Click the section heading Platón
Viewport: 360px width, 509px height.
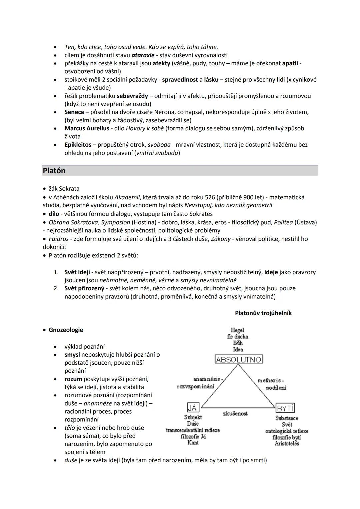click(54, 171)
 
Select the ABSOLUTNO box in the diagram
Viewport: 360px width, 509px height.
click(239, 359)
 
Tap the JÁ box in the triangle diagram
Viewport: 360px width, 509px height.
click(193, 408)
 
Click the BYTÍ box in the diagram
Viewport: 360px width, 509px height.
click(285, 408)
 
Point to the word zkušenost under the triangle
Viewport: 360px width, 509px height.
click(235, 414)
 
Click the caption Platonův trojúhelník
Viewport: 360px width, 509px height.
click(263, 313)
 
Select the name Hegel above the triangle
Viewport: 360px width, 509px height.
click(237, 330)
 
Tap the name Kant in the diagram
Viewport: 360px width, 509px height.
click(193, 443)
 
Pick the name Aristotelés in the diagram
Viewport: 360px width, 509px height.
click(287, 444)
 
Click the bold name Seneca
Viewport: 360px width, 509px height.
click(74, 112)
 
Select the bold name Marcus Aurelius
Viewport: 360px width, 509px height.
click(87, 128)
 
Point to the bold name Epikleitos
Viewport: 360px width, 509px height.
click(78, 145)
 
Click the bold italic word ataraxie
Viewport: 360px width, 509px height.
click(143, 55)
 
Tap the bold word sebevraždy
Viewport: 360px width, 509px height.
click(132, 96)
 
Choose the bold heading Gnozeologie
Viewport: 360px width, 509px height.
click(66, 330)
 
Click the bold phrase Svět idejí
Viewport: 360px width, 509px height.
click(77, 272)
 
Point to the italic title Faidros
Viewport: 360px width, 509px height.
click(59, 239)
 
